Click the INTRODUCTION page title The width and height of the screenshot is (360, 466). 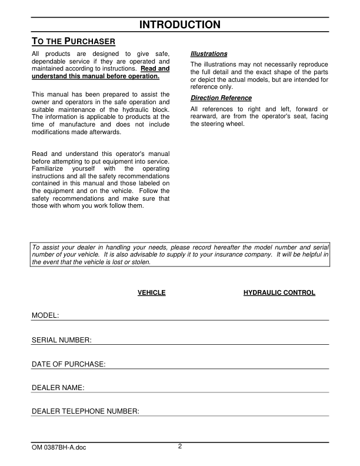click(180, 25)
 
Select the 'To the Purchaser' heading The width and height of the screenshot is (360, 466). click(74, 42)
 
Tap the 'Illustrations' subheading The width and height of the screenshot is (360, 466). click(209, 54)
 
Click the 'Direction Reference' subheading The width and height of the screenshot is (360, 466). click(221, 98)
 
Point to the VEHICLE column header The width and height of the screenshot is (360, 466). click(151, 293)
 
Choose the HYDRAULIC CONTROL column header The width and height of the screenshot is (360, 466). click(279, 293)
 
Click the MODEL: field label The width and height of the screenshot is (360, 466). click(45, 316)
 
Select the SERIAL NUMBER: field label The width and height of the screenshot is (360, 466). click(61, 340)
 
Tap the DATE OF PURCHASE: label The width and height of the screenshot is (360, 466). click(68, 364)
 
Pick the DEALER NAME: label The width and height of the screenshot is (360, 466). click(58, 388)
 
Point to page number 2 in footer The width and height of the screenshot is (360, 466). click(180, 446)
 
